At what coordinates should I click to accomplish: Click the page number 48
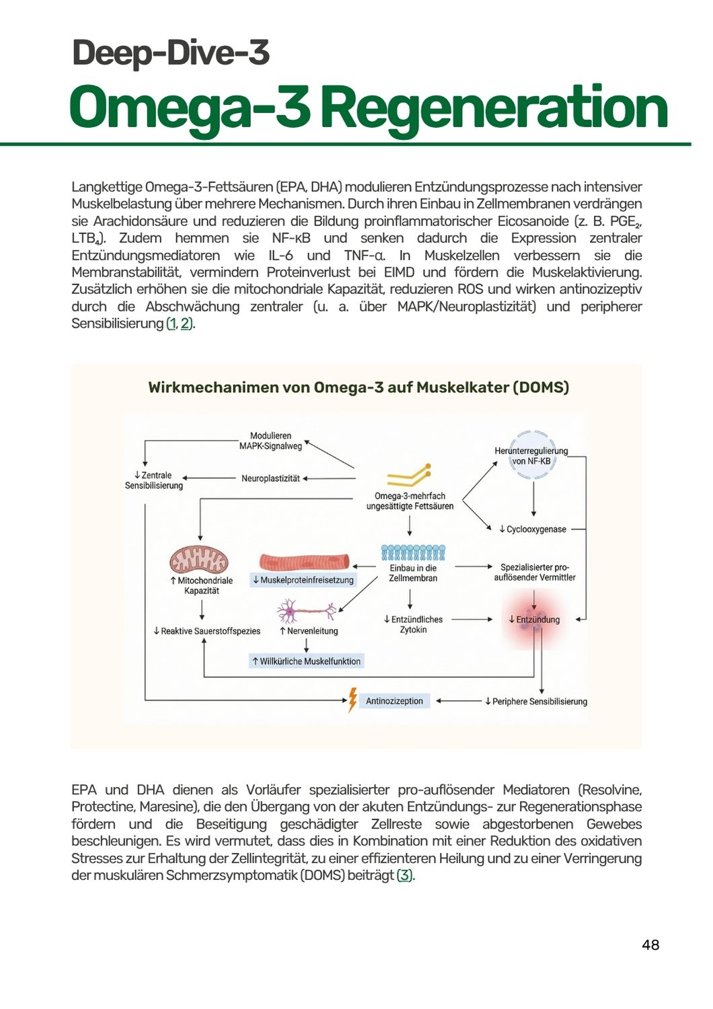[650, 945]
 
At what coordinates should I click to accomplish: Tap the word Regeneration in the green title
[496, 108]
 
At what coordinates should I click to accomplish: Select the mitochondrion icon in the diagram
[198, 559]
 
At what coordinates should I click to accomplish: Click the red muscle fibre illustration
[304, 562]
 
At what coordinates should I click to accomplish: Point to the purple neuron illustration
[307, 611]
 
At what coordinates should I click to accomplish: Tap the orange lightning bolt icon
[352, 700]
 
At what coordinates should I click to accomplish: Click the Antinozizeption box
[394, 701]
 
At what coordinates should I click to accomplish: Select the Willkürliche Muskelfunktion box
[307, 661]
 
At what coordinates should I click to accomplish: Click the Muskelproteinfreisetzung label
[303, 580]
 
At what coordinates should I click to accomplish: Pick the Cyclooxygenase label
[533, 529]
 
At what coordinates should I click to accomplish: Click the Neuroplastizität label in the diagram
[270, 478]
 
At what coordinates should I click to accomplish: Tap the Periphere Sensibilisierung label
[536, 702]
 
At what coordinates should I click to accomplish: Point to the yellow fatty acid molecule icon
[409, 476]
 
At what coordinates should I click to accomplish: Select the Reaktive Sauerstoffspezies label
[207, 631]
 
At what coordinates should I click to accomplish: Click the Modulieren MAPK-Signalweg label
[270, 441]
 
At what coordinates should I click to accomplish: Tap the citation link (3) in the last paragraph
[404, 876]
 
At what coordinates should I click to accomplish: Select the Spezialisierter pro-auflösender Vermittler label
[535, 572]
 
